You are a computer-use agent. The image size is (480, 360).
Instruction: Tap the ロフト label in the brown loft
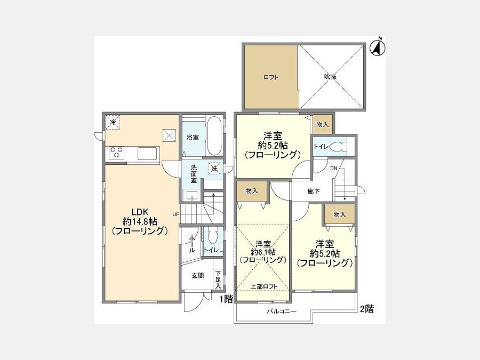270,77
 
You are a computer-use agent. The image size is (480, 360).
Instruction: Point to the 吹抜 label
331,77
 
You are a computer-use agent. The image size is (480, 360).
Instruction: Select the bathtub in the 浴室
214,136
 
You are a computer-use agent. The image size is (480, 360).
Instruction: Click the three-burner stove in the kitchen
116,153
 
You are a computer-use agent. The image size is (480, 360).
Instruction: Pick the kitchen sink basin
147,154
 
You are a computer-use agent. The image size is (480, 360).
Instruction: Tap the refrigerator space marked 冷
113,123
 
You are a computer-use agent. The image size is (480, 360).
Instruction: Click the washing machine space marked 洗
214,168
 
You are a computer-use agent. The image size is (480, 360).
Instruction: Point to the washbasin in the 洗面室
191,195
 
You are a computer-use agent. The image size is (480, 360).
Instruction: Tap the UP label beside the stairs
175,214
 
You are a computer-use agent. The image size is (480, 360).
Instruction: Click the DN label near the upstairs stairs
334,168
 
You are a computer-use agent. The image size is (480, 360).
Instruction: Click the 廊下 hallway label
314,191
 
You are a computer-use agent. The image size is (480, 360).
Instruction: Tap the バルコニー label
282,311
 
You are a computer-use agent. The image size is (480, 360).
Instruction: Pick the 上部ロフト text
264,286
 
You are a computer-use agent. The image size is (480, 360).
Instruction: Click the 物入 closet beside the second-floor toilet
322,124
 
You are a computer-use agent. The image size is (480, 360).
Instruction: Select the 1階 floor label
227,299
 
